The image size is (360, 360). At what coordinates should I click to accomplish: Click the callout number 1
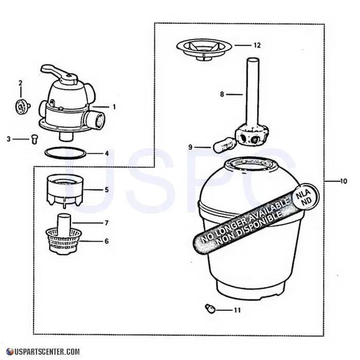pyautogui.click(x=114, y=106)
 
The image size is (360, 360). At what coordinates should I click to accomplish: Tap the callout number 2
pyautogui.click(x=21, y=83)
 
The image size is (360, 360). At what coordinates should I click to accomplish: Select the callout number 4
pyautogui.click(x=107, y=153)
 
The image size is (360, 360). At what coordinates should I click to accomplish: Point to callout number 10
pyautogui.click(x=344, y=181)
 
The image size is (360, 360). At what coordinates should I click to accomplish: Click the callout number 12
pyautogui.click(x=257, y=45)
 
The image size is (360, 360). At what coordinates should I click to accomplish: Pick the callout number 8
pyautogui.click(x=222, y=94)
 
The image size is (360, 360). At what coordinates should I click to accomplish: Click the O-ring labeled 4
pyautogui.click(x=65, y=152)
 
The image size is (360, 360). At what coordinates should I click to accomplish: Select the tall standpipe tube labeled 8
pyautogui.click(x=251, y=95)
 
